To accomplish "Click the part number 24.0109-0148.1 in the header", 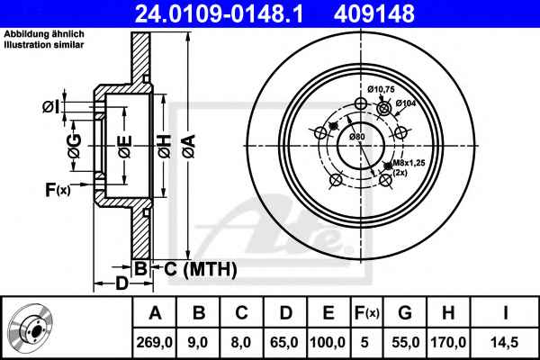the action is [x=219, y=13].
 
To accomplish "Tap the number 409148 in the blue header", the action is [x=374, y=13].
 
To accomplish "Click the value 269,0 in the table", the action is [x=154, y=342].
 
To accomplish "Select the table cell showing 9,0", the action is [x=198, y=342].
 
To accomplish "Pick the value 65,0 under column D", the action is [x=284, y=342].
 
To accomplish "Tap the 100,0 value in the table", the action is [x=328, y=342].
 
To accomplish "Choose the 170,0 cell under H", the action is [x=448, y=342].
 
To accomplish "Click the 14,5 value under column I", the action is [x=505, y=342].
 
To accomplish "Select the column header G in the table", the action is [x=405, y=313].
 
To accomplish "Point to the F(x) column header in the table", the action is [x=367, y=313].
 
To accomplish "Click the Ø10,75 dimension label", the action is [x=381, y=90].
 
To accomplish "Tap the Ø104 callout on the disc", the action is [x=406, y=103].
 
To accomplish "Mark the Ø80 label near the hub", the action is [x=356, y=137].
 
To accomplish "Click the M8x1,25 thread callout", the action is [x=409, y=163].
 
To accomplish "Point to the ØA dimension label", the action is [x=189, y=146].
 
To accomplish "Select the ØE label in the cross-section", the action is [x=125, y=147].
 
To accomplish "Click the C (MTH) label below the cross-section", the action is [x=201, y=269].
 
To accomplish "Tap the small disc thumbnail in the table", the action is [x=31, y=329].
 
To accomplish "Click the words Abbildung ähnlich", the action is [x=44, y=34].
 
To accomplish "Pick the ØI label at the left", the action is [x=51, y=106].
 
